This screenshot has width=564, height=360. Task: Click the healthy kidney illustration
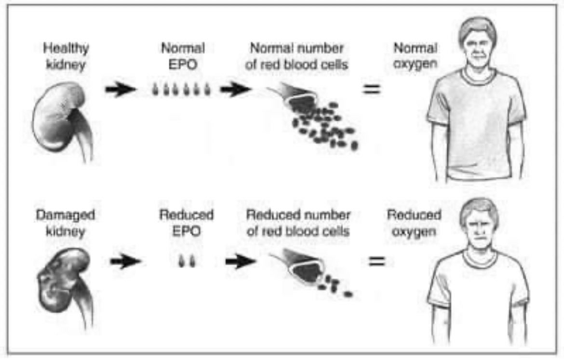click(60, 118)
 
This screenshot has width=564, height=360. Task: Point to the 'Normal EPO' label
click(183, 56)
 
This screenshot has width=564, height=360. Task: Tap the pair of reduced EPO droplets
click(186, 260)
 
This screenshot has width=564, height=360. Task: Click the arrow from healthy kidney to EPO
click(119, 90)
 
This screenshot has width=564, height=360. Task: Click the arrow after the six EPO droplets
click(235, 90)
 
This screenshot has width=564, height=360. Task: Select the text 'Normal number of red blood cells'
click(296, 56)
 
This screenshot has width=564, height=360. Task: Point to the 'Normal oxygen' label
click(415, 56)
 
